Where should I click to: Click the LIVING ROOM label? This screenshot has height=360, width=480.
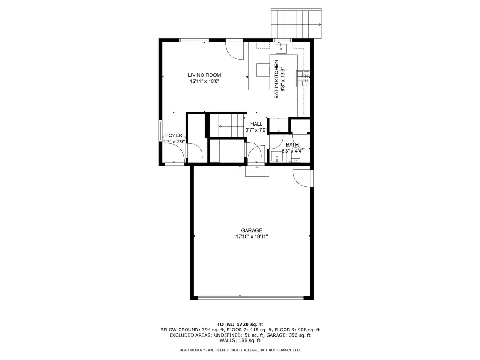[x=204, y=75]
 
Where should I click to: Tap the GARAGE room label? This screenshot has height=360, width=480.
[x=252, y=230]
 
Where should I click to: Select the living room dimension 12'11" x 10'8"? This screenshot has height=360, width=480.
[x=204, y=82]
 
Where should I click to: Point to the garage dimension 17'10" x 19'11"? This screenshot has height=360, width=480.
[x=252, y=237]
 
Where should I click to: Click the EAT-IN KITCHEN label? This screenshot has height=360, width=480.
[x=277, y=79]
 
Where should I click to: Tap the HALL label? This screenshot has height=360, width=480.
[x=256, y=124]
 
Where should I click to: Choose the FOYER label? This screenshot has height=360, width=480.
[x=173, y=135]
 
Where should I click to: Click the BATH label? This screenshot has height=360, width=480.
[x=292, y=145]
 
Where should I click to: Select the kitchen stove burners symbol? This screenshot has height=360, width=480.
[x=303, y=78]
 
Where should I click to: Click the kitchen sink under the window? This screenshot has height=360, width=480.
[x=281, y=48]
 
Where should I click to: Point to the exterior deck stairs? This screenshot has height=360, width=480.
[x=296, y=24]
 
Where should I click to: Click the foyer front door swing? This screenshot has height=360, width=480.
[x=174, y=153]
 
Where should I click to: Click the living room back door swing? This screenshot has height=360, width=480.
[x=234, y=50]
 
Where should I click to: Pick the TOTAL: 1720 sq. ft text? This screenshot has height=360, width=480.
[x=240, y=324]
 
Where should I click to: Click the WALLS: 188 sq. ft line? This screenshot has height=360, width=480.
[x=240, y=340]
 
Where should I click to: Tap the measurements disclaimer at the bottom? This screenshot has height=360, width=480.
[x=240, y=350]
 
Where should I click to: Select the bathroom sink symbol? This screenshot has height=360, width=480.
[x=277, y=157]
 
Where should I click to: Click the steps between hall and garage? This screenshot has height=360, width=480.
[x=257, y=172]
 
